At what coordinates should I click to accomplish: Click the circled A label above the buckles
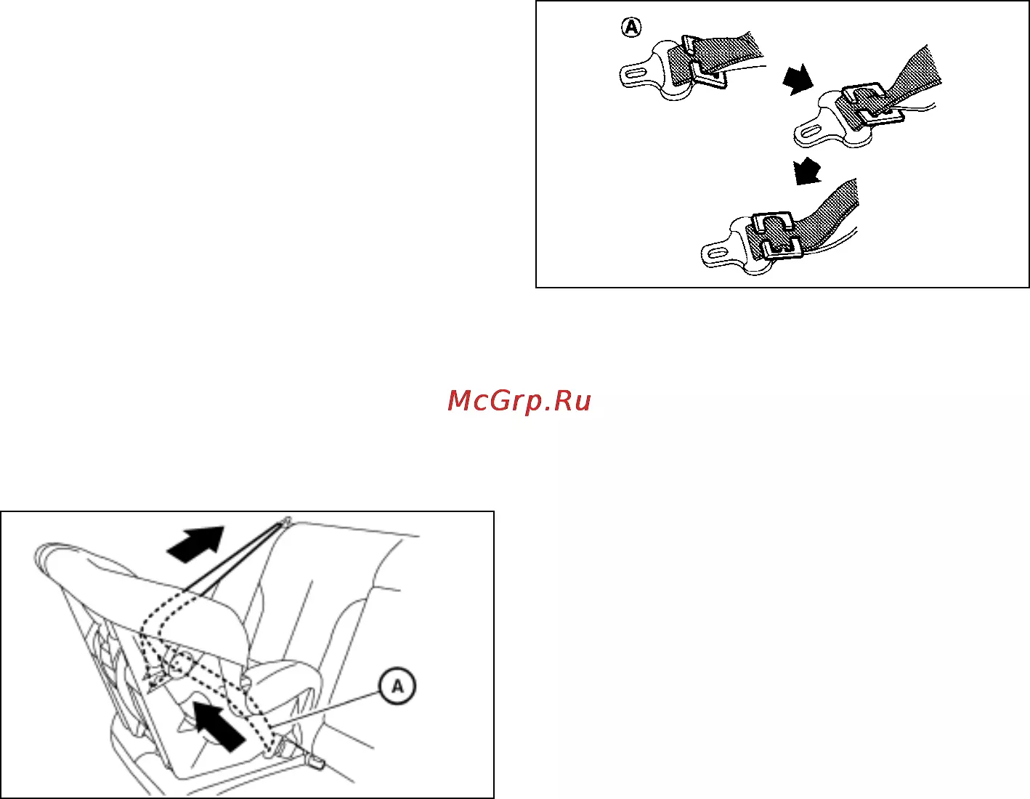click(631, 27)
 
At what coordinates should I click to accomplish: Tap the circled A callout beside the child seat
click(397, 686)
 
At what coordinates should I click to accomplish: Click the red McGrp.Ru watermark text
click(519, 401)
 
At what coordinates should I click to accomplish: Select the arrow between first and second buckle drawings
click(798, 79)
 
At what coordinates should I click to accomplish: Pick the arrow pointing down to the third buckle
click(806, 171)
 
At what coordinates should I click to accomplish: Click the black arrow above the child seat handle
click(195, 544)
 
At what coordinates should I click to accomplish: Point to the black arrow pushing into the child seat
click(219, 726)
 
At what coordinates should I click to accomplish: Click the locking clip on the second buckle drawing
click(870, 102)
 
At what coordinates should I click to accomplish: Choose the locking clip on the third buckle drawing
click(776, 235)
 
